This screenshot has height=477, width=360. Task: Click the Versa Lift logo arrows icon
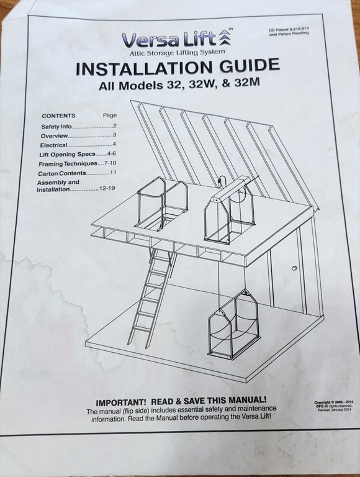[225, 38]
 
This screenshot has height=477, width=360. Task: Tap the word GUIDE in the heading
[249, 65]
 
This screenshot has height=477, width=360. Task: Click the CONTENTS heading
[59, 116]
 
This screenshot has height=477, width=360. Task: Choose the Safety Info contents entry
[56, 127]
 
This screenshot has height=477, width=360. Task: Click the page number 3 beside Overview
[114, 135]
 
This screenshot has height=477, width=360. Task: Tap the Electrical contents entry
[53, 145]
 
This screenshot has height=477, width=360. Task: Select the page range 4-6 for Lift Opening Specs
[111, 153]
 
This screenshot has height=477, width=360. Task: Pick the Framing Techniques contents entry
[68, 164]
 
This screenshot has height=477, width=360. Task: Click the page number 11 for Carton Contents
[113, 173]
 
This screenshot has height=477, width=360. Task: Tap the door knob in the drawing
[294, 268]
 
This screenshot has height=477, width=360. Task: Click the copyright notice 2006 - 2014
[333, 402]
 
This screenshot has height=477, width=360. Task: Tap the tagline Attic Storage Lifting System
[178, 53]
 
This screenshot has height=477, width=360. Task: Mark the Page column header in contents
[109, 116]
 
